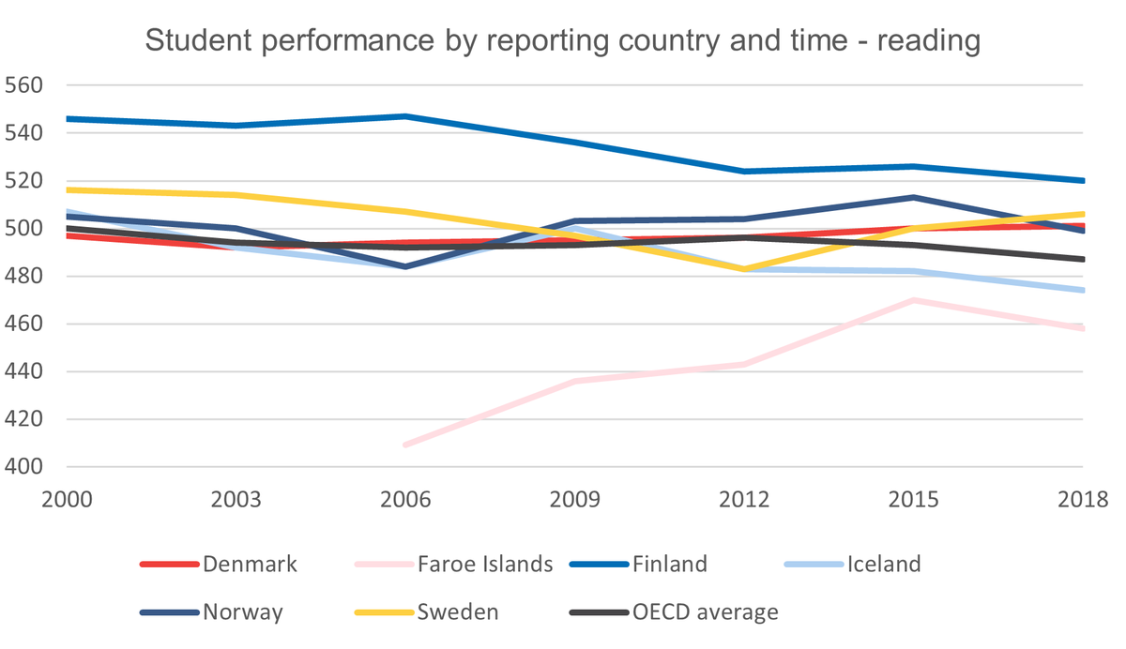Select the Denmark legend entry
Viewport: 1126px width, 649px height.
pyautogui.click(x=248, y=564)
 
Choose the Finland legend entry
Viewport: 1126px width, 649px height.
pyautogui.click(x=669, y=564)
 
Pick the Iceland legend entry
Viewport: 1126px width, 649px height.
pyautogui.click(x=883, y=564)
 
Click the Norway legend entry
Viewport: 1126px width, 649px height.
pyautogui.click(x=243, y=612)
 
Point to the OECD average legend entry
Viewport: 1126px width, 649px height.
pyautogui.click(x=704, y=612)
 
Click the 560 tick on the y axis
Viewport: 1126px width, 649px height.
pyautogui.click(x=25, y=85)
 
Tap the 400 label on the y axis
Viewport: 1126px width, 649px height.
pyautogui.click(x=25, y=467)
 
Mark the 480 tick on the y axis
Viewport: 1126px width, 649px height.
pyautogui.click(x=25, y=277)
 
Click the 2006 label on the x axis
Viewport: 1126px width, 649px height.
pyautogui.click(x=404, y=498)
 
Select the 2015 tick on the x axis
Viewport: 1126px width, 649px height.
pyautogui.click(x=914, y=498)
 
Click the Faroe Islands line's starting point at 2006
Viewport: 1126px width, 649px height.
pyautogui.click(x=404, y=445)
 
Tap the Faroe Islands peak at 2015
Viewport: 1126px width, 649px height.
pyautogui.click(x=914, y=300)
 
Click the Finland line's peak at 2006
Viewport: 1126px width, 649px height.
pyautogui.click(x=404, y=116)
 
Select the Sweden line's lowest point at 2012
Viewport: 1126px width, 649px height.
pyautogui.click(x=744, y=269)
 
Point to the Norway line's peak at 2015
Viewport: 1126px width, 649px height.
pyautogui.click(x=914, y=197)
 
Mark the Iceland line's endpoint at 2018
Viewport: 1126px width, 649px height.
pyautogui.click(x=1083, y=290)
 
